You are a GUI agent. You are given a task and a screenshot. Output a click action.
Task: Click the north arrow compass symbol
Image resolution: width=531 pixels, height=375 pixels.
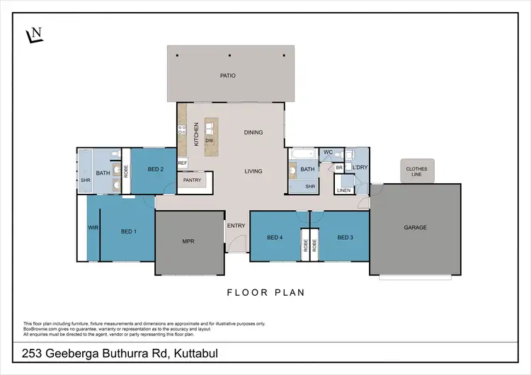click(x=33, y=35)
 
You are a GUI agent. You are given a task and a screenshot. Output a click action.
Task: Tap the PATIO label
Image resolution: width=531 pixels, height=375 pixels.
click(x=227, y=75)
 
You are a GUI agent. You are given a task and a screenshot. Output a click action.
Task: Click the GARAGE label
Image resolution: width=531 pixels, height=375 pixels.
click(x=415, y=227)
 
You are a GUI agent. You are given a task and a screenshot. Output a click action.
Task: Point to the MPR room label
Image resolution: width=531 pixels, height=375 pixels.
click(x=188, y=241)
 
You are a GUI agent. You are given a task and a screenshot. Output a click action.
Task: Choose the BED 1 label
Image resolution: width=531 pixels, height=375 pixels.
click(x=128, y=231)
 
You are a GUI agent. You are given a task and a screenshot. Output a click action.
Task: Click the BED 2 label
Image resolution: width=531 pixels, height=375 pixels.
click(x=156, y=170)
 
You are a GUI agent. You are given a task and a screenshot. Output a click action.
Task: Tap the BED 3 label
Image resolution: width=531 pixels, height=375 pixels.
click(x=345, y=237)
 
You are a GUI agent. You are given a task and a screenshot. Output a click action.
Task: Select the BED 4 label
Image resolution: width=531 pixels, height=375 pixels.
click(x=275, y=237)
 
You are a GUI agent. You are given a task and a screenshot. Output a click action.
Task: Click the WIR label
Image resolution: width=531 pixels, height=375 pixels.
click(x=93, y=228)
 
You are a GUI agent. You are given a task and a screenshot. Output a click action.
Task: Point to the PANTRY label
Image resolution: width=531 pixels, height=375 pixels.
click(x=192, y=180)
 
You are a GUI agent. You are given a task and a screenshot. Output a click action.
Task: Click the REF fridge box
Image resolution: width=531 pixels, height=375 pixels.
click(x=182, y=163)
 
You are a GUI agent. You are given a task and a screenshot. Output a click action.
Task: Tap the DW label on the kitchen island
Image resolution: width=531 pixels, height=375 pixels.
click(x=210, y=140)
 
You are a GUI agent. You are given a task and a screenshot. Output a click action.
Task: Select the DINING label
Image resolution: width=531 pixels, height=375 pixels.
click(x=253, y=132)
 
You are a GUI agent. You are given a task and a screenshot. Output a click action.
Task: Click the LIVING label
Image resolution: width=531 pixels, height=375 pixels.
click(x=253, y=171)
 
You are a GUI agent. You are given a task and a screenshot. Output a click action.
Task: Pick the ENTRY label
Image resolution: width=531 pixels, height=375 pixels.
click(x=236, y=226)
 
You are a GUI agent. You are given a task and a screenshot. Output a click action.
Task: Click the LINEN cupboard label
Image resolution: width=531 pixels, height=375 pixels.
click(x=343, y=190)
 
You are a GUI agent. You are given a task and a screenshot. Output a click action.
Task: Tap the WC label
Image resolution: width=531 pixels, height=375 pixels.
click(x=328, y=152)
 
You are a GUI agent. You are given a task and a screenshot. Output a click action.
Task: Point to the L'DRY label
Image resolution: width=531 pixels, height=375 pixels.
click(x=360, y=167)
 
